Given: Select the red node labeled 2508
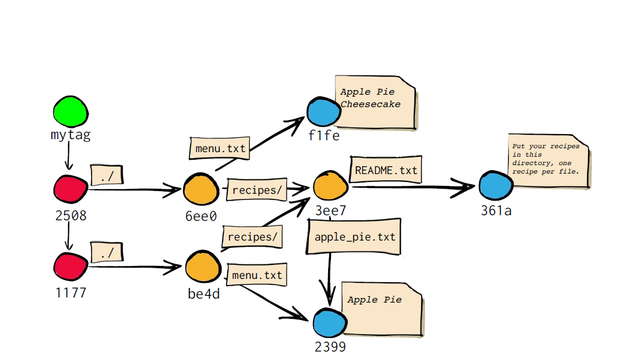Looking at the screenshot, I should [70, 188].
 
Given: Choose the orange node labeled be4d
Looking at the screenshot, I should [203, 267].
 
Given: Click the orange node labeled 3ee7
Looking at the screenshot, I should [330, 185].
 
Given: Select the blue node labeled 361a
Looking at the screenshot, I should [496, 185].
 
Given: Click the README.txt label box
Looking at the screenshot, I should [387, 170].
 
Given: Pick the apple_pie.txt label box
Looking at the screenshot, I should [355, 237].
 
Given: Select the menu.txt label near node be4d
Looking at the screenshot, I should [257, 275].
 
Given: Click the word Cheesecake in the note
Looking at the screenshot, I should [370, 104].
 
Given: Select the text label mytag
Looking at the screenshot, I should [70, 135].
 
